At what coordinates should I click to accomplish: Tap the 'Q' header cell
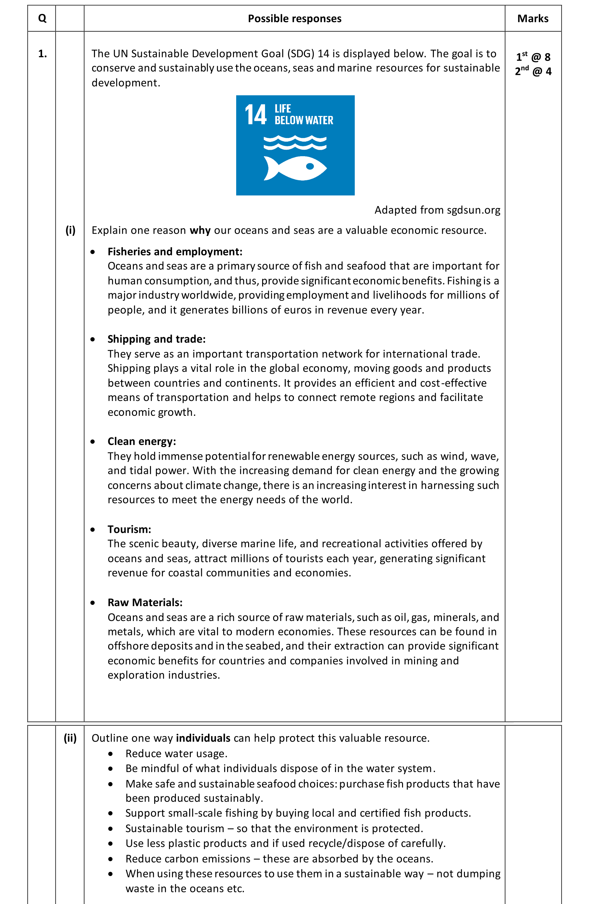(x=42, y=18)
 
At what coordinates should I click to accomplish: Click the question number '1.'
(x=42, y=54)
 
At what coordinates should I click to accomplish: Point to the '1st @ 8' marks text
(x=533, y=57)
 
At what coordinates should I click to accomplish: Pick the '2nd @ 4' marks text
(x=533, y=71)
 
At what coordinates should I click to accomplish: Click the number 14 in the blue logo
(x=255, y=115)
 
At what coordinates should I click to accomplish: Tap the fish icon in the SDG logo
(x=295, y=168)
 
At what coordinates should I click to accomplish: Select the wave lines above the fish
(x=295, y=143)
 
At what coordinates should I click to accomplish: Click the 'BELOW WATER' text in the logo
(x=304, y=121)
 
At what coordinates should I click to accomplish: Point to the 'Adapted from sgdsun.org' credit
(x=437, y=210)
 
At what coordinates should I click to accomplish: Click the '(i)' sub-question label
(x=70, y=230)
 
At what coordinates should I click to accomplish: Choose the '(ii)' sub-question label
(x=70, y=738)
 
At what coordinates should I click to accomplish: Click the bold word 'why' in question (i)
(x=200, y=230)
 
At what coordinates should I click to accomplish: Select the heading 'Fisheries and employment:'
(x=175, y=252)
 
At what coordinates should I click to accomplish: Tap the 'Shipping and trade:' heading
(x=156, y=339)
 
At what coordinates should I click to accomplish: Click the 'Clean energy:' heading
(x=142, y=441)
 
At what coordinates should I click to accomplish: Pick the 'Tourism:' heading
(x=129, y=530)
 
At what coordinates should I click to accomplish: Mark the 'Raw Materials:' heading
(x=145, y=603)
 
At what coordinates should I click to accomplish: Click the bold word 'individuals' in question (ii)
(x=203, y=738)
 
